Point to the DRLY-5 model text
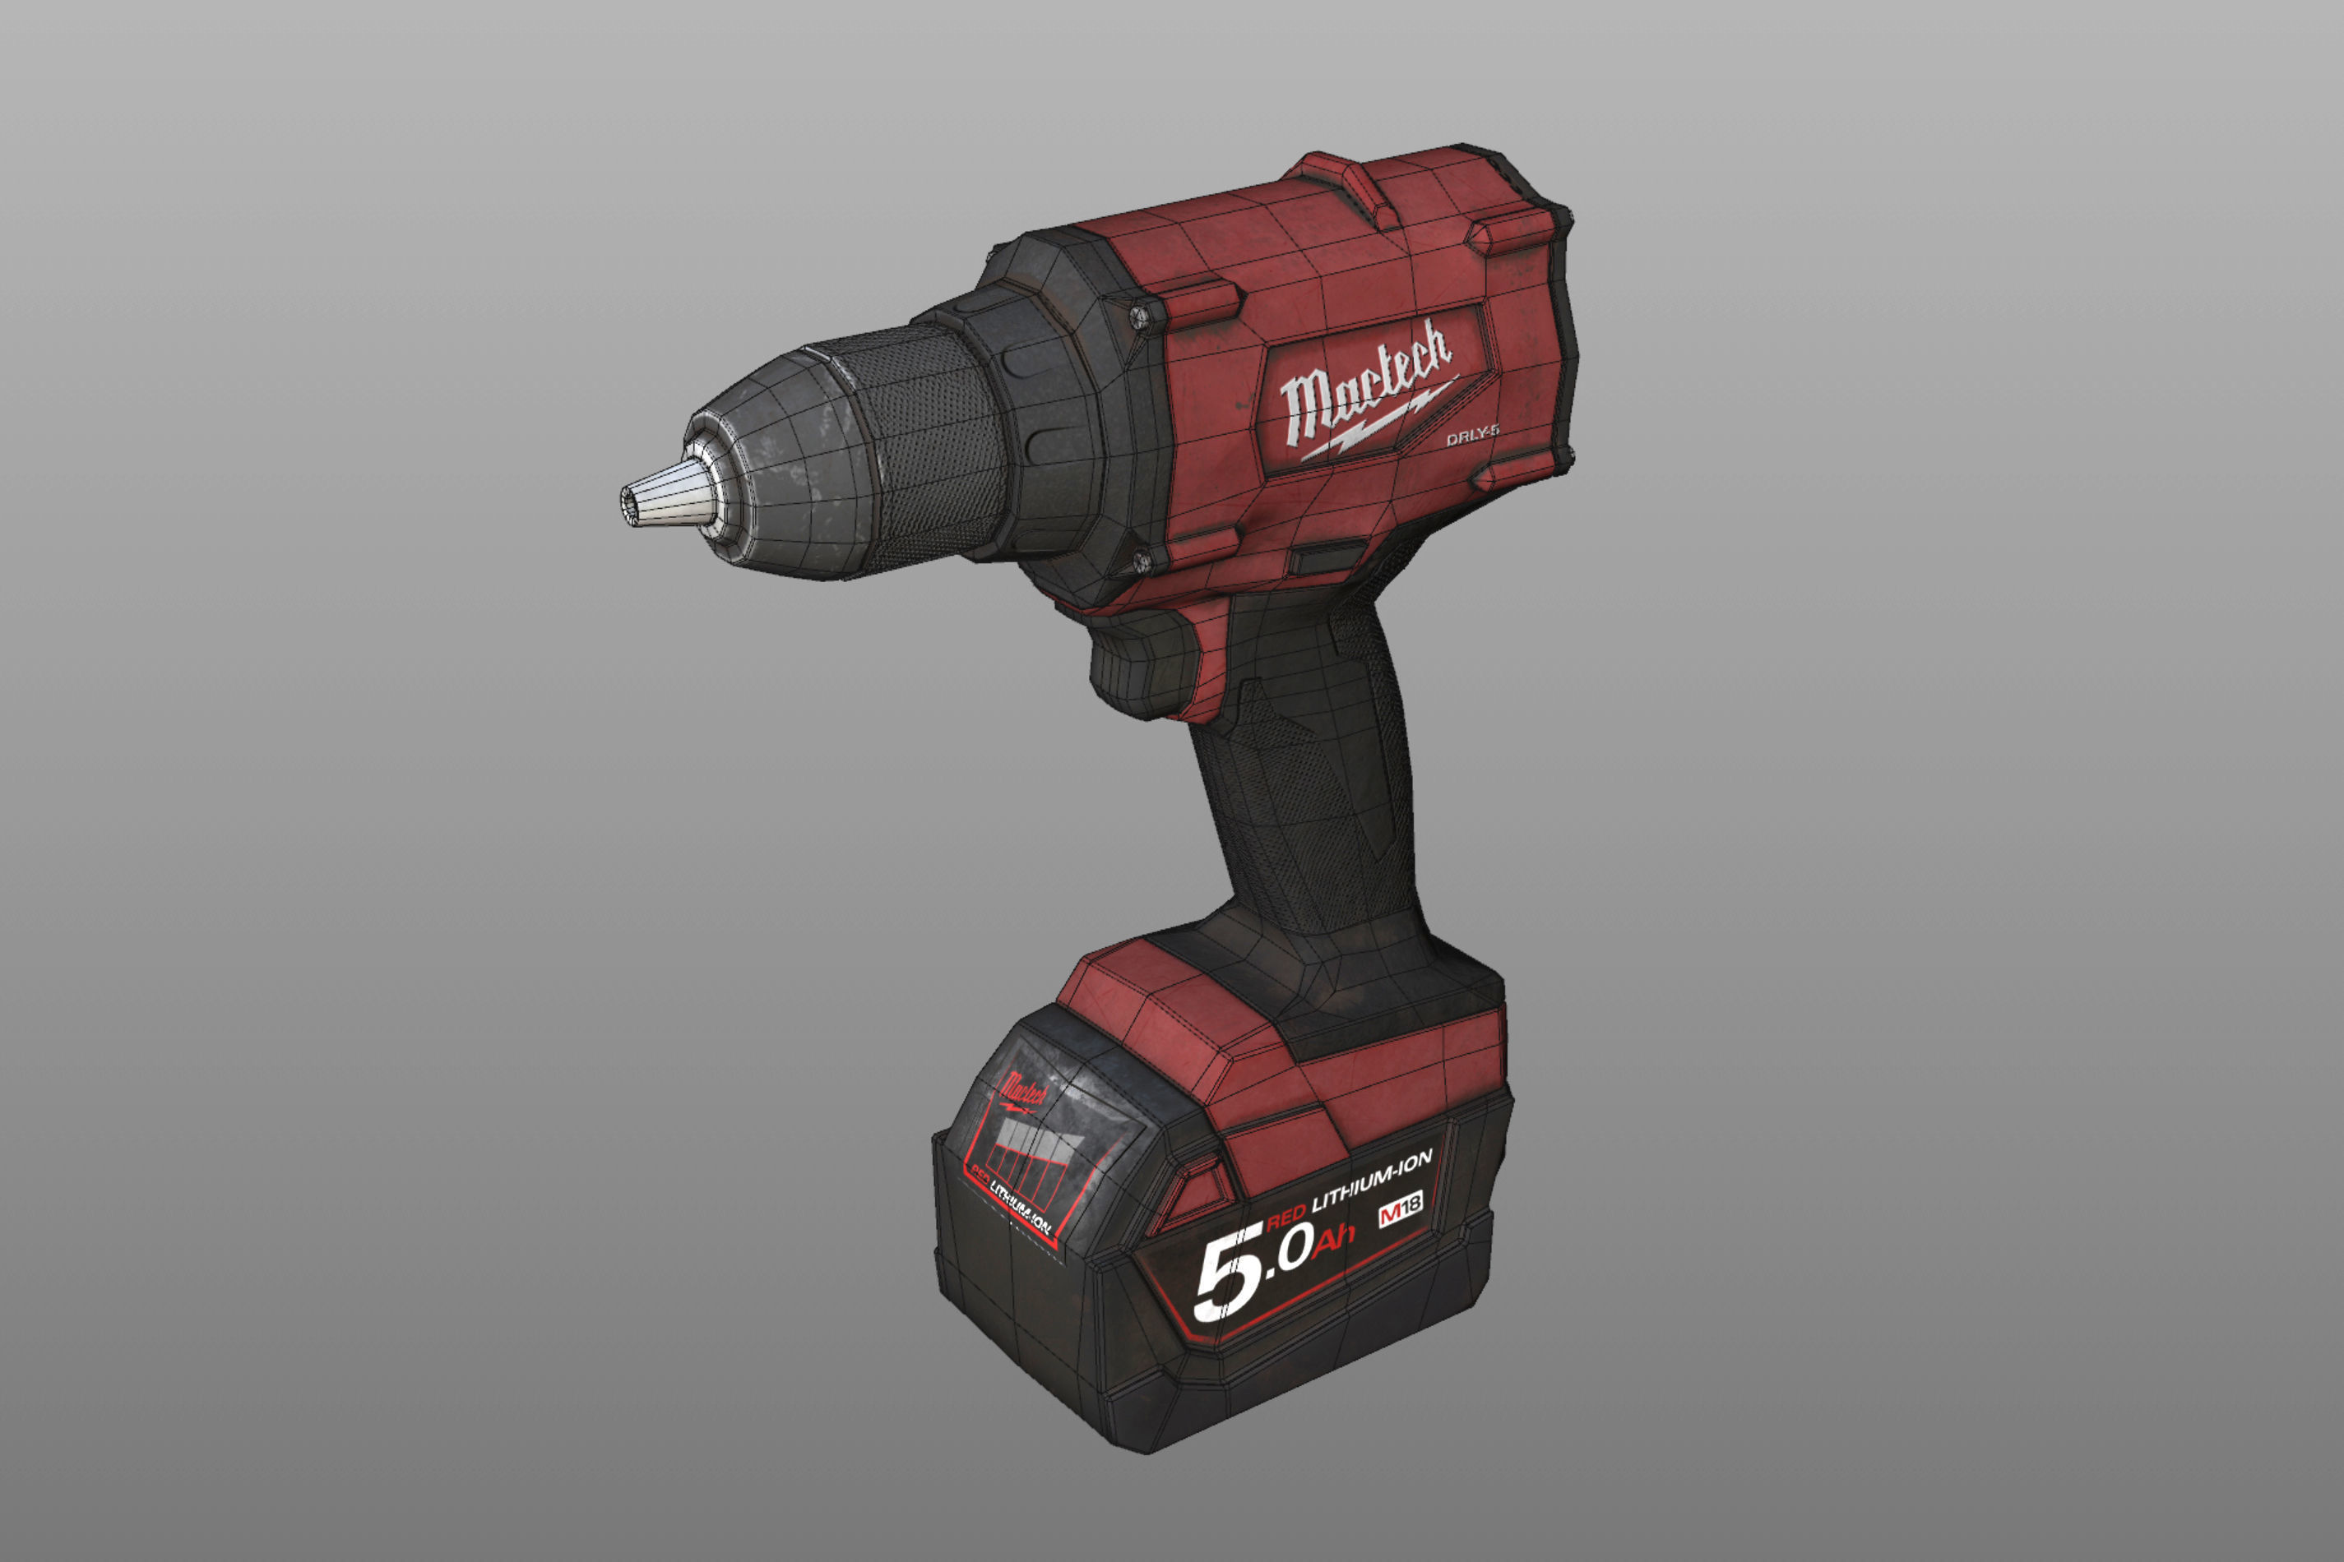pos(1472,434)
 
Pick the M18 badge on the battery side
pos(1400,1210)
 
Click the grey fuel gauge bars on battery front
pos(1036,1156)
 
